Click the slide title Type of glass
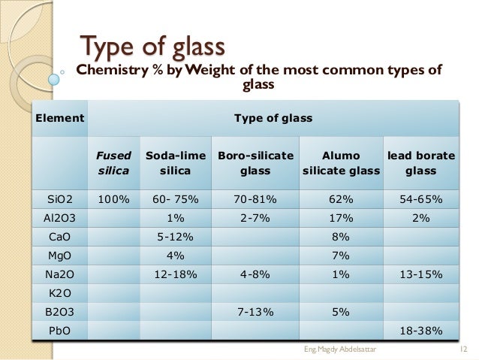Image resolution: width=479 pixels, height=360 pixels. (x=152, y=47)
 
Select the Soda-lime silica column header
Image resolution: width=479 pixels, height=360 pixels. (x=175, y=163)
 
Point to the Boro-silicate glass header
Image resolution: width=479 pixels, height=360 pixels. (x=255, y=163)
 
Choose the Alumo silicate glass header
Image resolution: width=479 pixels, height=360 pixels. (x=341, y=163)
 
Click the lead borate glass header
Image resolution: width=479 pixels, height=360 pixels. (x=420, y=163)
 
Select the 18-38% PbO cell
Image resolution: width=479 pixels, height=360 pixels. (x=420, y=331)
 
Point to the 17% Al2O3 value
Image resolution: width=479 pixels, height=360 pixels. (x=341, y=218)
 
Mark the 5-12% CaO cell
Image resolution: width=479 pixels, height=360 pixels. (x=175, y=237)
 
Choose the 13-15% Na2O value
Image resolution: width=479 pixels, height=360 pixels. (x=420, y=274)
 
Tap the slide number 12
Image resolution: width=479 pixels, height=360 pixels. (x=462, y=349)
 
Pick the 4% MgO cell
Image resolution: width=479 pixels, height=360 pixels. (x=175, y=256)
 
